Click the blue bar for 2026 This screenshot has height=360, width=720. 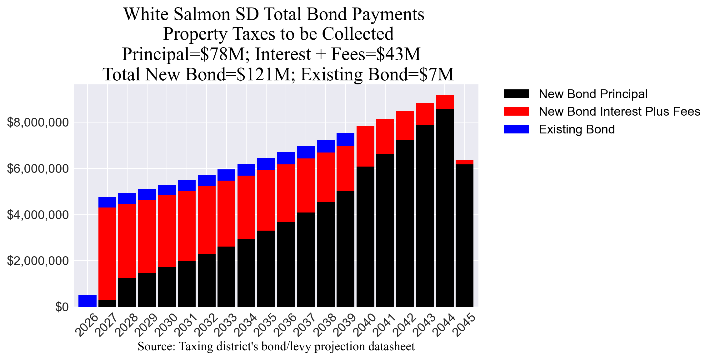87,301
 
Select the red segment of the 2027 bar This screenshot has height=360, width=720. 107,253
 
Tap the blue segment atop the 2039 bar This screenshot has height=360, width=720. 345,139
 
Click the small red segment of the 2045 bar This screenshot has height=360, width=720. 464,162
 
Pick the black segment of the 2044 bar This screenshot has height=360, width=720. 445,208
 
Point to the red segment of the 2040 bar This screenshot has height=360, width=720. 365,146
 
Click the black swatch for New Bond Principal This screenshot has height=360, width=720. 516,94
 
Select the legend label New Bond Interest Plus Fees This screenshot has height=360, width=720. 619,112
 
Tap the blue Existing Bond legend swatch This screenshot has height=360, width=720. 516,129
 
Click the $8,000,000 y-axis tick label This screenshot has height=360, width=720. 37,122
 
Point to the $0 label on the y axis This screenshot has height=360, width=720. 62,307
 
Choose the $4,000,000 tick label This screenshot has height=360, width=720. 37,215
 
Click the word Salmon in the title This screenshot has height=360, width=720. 202,14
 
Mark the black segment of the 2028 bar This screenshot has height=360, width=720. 127,292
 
